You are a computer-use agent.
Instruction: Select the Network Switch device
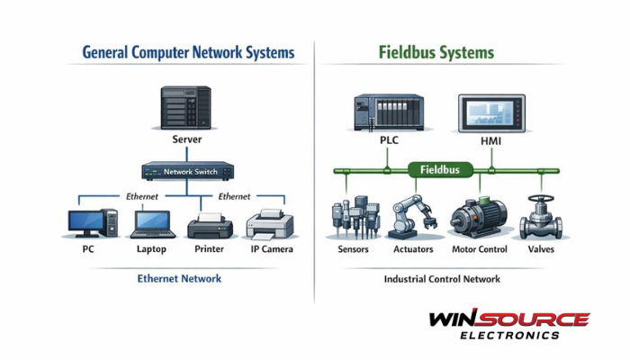187,170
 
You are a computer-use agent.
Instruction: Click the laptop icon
151,224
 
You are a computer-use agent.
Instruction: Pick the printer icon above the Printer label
210,224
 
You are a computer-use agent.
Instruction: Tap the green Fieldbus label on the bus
440,168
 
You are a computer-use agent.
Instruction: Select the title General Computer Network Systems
188,53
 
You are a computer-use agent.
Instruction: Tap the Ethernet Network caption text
179,279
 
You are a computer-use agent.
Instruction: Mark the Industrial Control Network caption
442,280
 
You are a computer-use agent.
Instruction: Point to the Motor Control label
479,249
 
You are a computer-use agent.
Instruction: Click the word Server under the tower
187,140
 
